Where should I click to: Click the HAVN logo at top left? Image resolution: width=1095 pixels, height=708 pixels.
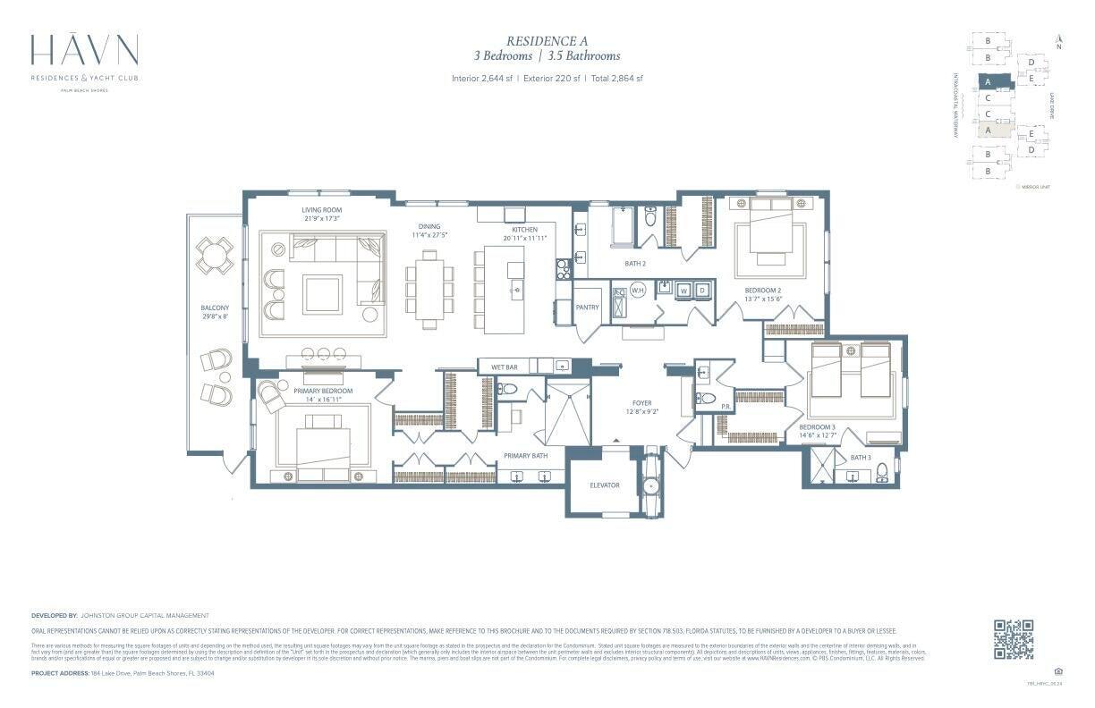84,52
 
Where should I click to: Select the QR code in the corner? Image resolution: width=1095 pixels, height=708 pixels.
1014,638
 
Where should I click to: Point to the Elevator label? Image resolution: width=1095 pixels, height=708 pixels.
605,485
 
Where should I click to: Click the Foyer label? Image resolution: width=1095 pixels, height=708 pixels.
641,403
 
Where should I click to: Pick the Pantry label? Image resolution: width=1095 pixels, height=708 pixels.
587,307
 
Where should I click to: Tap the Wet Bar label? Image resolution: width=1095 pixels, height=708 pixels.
505,367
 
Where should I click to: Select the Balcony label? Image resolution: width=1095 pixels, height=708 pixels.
215,308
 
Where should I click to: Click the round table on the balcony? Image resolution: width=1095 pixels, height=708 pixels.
215,255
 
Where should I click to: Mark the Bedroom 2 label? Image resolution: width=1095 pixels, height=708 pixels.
763,291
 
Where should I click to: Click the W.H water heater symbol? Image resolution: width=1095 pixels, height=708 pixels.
639,291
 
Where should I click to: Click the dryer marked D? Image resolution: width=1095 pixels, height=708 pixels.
703,290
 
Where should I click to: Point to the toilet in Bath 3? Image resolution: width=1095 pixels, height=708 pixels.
882,471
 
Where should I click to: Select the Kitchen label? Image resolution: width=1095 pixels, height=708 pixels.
524,230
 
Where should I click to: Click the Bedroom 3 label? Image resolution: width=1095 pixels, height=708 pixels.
817,427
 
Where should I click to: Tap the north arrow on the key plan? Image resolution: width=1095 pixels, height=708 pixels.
1059,39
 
